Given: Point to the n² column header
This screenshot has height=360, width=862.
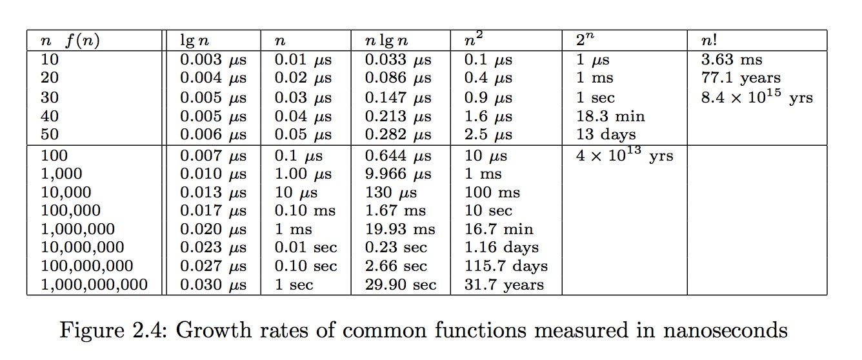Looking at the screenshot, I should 474,41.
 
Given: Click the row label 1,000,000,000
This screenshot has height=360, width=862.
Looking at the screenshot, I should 94,285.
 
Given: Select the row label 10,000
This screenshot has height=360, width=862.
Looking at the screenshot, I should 66,192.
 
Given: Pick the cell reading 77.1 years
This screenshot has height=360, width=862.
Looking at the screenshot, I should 741,79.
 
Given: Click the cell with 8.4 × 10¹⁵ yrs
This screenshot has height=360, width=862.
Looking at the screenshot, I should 756,97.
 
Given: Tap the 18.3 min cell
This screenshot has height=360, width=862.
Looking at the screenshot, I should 610,117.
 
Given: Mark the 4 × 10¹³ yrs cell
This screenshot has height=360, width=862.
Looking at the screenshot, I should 624,155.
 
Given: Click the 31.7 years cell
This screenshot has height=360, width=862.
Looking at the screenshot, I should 504,285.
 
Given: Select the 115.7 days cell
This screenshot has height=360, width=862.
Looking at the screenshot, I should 506,266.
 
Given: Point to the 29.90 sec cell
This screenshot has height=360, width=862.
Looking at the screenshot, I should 400,285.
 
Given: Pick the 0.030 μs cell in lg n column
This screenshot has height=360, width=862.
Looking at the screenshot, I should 213,285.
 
